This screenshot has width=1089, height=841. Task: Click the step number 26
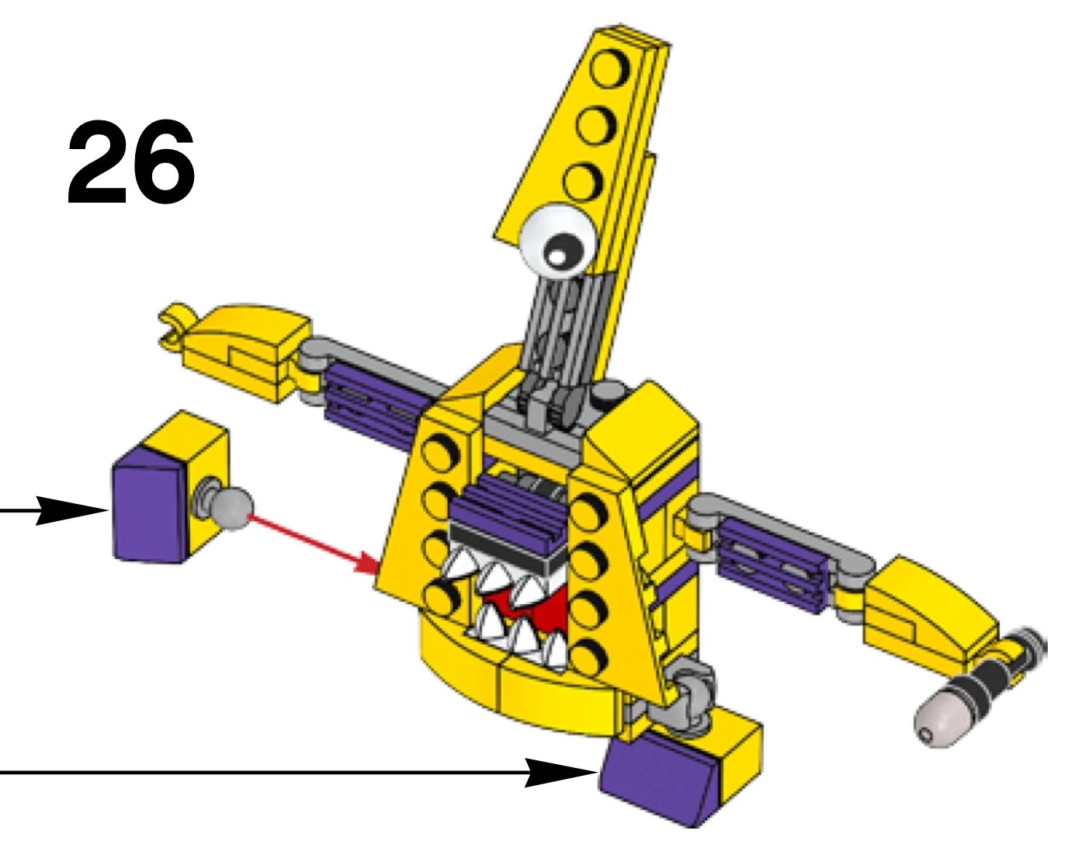coord(130,163)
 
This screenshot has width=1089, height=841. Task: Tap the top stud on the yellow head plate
coord(608,70)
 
